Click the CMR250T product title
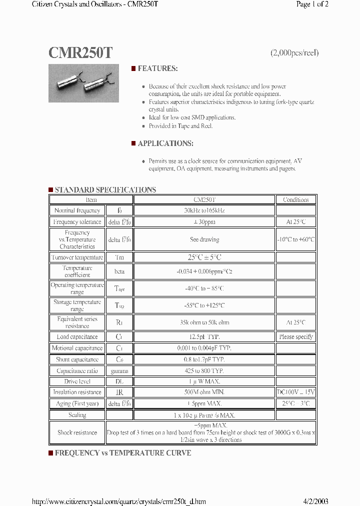tap(80, 53)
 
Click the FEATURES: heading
tap(157, 68)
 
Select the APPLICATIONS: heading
tap(165, 143)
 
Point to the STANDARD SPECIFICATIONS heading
tap(105, 190)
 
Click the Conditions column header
tap(296, 200)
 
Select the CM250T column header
tap(204, 200)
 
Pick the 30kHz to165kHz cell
tap(204, 211)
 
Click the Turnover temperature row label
tap(77, 257)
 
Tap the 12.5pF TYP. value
tap(204, 337)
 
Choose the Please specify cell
tap(296, 337)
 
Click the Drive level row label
tap(77, 381)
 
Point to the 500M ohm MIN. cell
tap(204, 392)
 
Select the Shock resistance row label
tap(77, 433)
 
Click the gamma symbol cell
tap(119, 371)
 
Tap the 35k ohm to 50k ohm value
tap(204, 323)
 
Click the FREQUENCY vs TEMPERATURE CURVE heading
tap(122, 453)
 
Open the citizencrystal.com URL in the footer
tap(118, 501)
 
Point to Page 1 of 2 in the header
tap(312, 4)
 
